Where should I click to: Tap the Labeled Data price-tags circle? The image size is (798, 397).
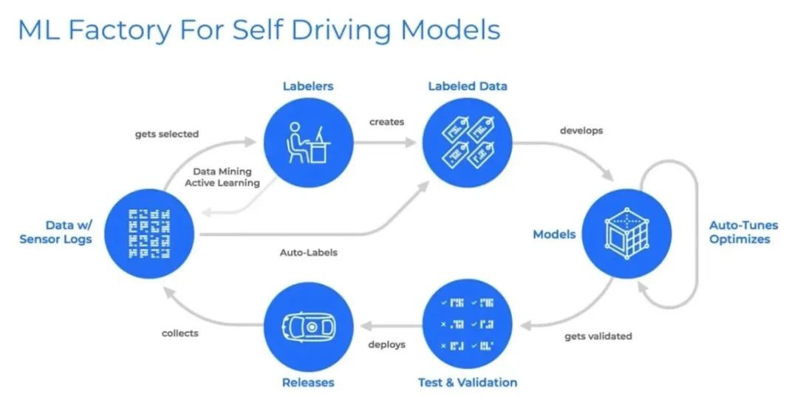click(x=467, y=143)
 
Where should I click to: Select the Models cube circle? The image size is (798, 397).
click(x=627, y=234)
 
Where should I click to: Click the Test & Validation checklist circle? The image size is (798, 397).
click(x=467, y=325)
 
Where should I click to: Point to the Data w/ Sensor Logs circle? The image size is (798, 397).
click(x=149, y=234)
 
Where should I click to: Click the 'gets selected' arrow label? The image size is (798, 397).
click(x=166, y=134)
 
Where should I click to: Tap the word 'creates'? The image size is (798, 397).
click(x=387, y=121)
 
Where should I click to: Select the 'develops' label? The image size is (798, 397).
click(x=582, y=130)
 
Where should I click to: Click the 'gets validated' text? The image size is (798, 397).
click(x=598, y=336)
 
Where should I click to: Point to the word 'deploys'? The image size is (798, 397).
click(x=386, y=344)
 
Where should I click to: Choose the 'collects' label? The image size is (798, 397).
click(x=180, y=333)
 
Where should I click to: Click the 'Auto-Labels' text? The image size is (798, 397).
click(x=308, y=252)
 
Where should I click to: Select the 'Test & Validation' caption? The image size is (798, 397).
click(x=467, y=382)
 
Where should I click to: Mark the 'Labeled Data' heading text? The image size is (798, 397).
click(x=467, y=86)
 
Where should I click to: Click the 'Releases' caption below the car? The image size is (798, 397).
click(x=307, y=382)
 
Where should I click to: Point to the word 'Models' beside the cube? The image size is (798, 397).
click(x=554, y=234)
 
